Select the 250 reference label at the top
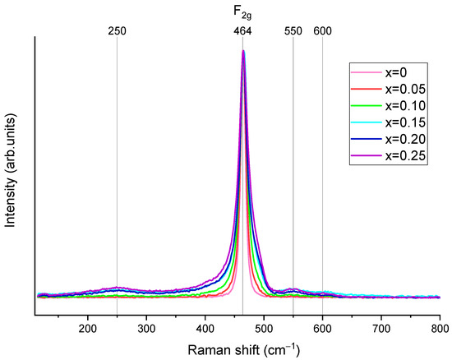click(x=117, y=30)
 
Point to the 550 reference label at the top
click(x=293, y=30)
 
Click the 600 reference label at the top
click(x=322, y=30)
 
